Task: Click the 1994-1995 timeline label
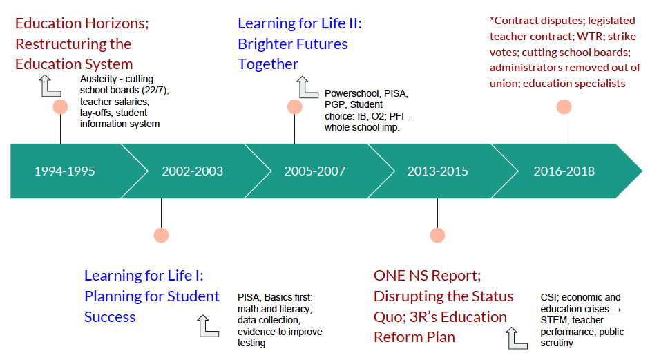click(64, 171)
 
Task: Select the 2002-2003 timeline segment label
click(193, 171)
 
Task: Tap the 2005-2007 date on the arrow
click(315, 171)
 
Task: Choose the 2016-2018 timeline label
click(564, 171)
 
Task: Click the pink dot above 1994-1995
click(60, 107)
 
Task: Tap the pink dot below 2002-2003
click(161, 235)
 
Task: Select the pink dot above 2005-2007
click(295, 107)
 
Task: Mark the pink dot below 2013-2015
click(437, 235)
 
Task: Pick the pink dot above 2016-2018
click(564, 107)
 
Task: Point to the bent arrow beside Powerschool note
click(307, 88)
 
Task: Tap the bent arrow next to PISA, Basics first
click(209, 325)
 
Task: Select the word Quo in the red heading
click(388, 316)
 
